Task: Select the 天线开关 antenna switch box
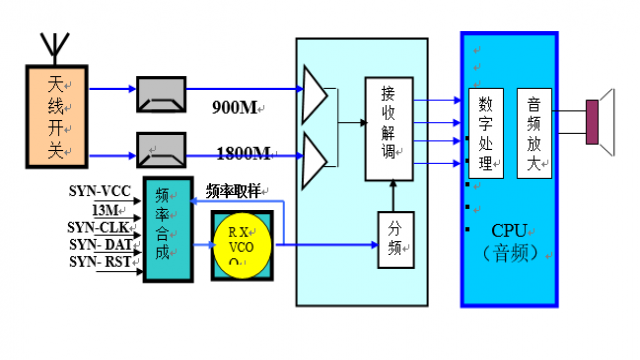pyautogui.click(x=56, y=113)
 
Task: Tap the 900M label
pyautogui.click(x=236, y=106)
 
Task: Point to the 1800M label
pyautogui.click(x=244, y=153)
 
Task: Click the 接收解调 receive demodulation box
pyautogui.click(x=389, y=128)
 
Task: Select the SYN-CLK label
pyautogui.click(x=100, y=227)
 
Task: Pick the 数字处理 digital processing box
pyautogui.click(x=485, y=134)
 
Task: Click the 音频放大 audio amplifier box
pyautogui.click(x=534, y=134)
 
